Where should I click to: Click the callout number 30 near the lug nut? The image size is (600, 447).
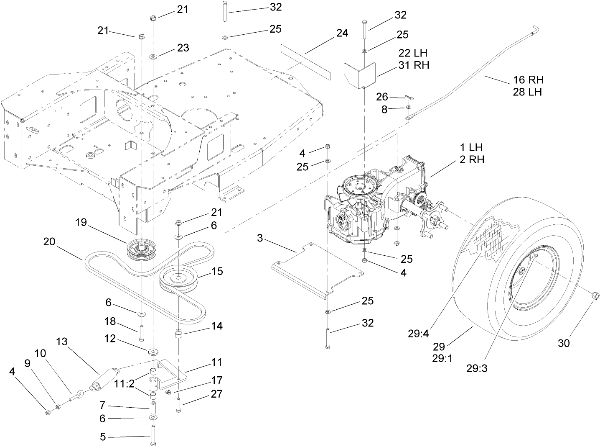click(564, 343)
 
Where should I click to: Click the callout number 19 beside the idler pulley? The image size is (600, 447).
click(81, 222)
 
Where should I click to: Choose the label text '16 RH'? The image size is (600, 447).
click(528, 79)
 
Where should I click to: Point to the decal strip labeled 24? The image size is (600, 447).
click(305, 63)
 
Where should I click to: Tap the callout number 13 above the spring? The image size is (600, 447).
click(61, 342)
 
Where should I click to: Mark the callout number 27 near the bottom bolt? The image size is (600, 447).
click(217, 394)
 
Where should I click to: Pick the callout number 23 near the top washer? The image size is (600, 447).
click(183, 48)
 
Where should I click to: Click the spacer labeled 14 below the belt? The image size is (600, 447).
click(179, 336)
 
